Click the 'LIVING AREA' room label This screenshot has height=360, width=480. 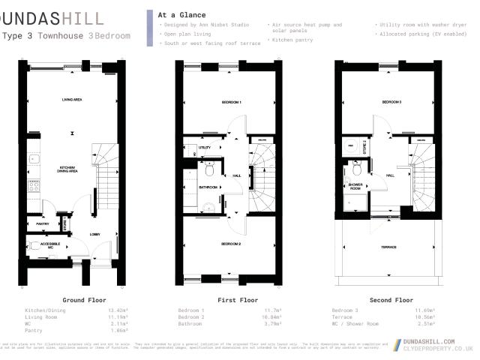point(71,99)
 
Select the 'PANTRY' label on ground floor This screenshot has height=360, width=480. point(42,223)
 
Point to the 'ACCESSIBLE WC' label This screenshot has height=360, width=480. point(50,245)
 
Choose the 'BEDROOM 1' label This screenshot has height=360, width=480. point(231,101)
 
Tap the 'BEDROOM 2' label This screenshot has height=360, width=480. point(231,244)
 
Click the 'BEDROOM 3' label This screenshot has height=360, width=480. point(391,102)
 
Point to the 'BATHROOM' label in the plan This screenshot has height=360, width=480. point(208,187)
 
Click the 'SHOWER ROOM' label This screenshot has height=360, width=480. point(355,187)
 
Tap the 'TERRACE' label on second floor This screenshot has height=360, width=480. point(388,247)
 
